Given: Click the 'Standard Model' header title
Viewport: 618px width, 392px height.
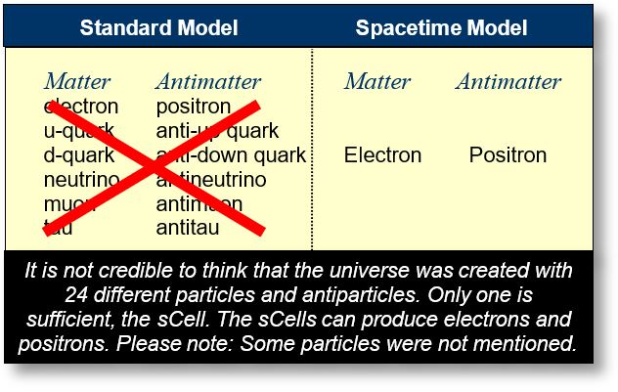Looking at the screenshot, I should click(x=158, y=27).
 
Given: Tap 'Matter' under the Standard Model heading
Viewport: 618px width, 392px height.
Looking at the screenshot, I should click(x=77, y=81).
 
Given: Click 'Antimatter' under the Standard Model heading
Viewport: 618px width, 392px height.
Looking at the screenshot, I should click(x=208, y=81).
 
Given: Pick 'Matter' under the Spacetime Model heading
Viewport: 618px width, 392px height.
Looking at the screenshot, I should click(x=377, y=81).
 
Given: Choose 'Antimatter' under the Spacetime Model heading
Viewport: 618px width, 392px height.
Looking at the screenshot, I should click(x=508, y=81).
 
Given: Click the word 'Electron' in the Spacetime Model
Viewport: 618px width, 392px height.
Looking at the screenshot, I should click(x=382, y=154).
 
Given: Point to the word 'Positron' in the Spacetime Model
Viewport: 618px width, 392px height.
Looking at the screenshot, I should click(x=508, y=154).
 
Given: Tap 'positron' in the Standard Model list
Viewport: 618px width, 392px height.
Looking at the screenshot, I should click(x=194, y=107).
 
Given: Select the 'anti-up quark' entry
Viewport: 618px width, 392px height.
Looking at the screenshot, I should click(x=217, y=131).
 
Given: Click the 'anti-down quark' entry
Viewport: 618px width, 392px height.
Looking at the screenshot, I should click(x=231, y=155).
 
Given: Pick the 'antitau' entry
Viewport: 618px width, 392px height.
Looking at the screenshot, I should click(x=188, y=228).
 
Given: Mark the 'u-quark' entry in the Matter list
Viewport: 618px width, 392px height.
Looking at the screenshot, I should click(x=79, y=131).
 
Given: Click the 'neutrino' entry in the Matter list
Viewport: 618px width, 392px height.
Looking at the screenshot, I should click(x=82, y=180).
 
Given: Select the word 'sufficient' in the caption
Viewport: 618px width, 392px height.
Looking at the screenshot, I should click(x=62, y=320).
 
